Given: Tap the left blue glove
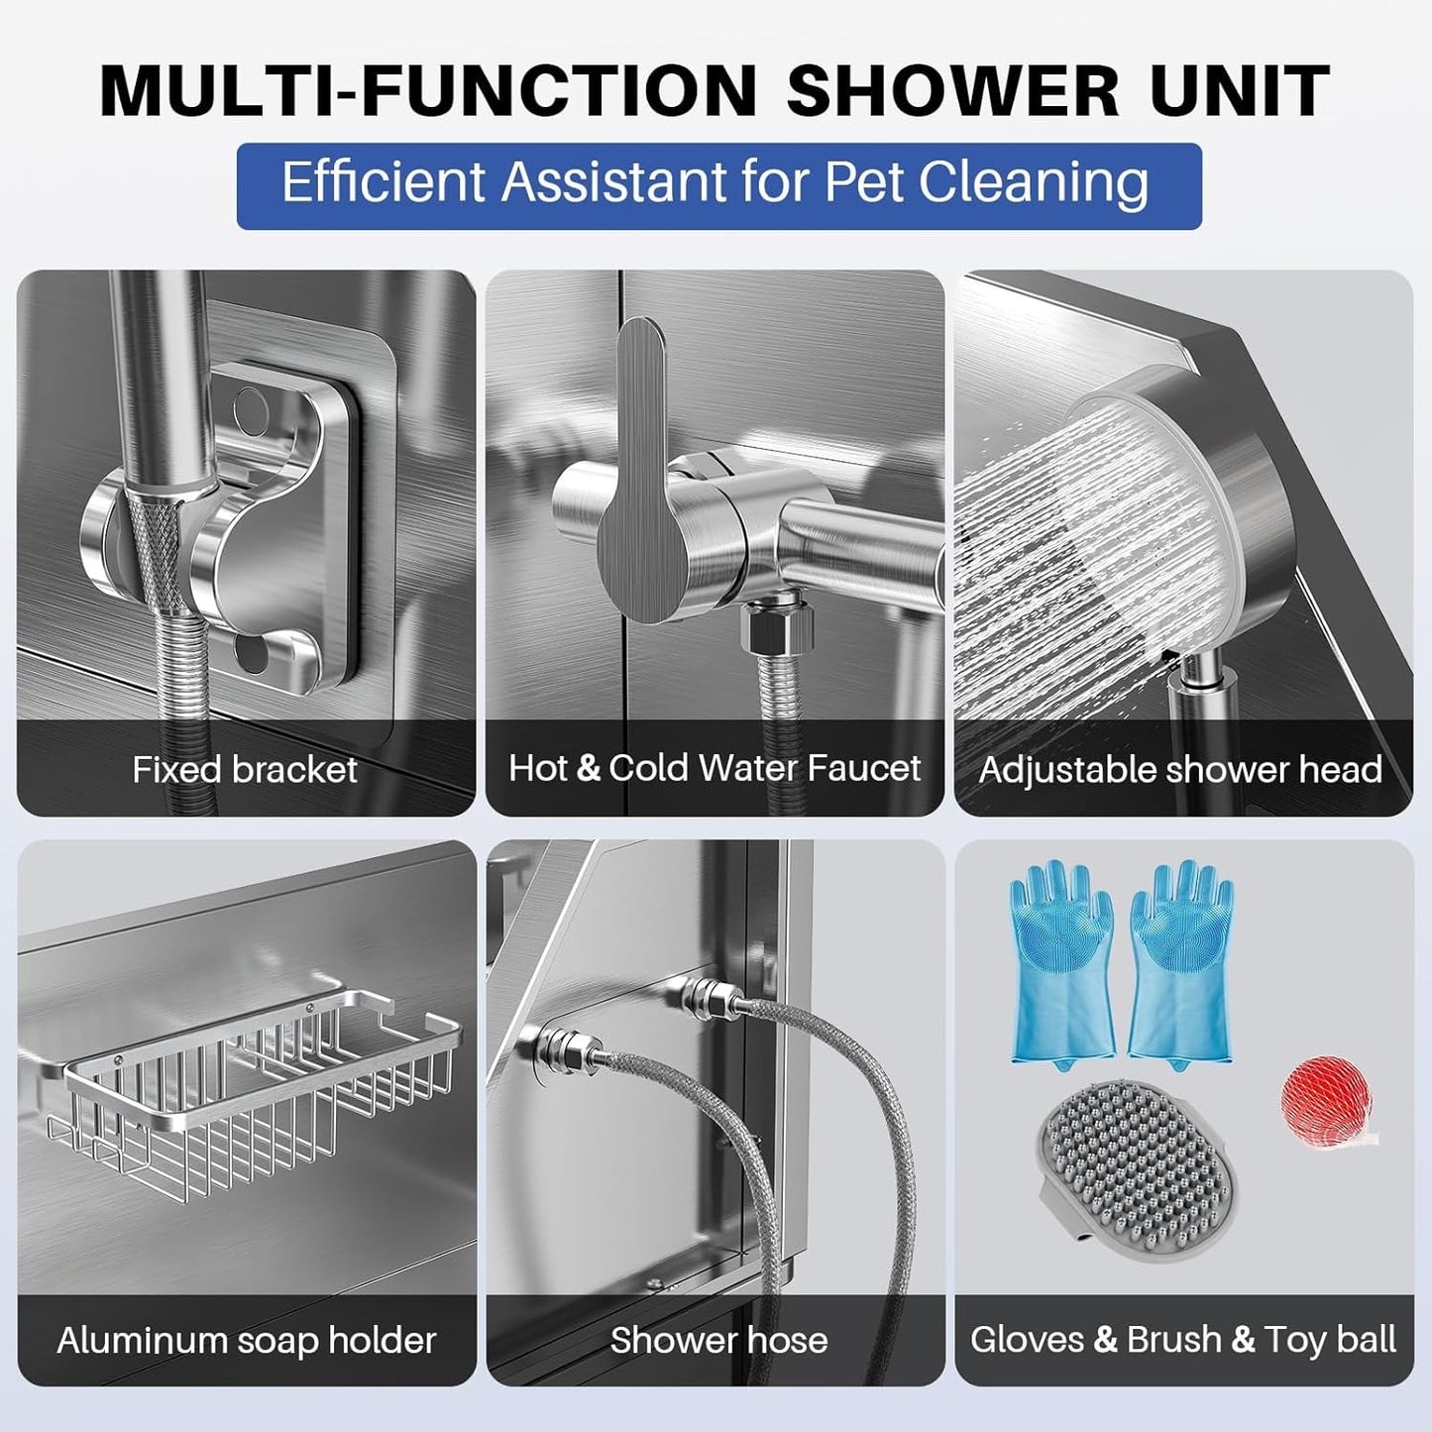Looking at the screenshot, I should pos(1061,966).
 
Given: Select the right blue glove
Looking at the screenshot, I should pos(1181,966).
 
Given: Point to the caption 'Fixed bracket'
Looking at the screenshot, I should pos(245,769).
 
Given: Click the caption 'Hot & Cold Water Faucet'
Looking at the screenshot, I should pos(715,768).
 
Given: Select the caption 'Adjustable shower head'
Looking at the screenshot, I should pos(1180,770).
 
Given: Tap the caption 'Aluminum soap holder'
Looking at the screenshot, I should pos(247,1340).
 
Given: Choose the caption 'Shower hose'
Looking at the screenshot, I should pos(718,1340).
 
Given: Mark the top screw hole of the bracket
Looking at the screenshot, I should pos(250,405).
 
